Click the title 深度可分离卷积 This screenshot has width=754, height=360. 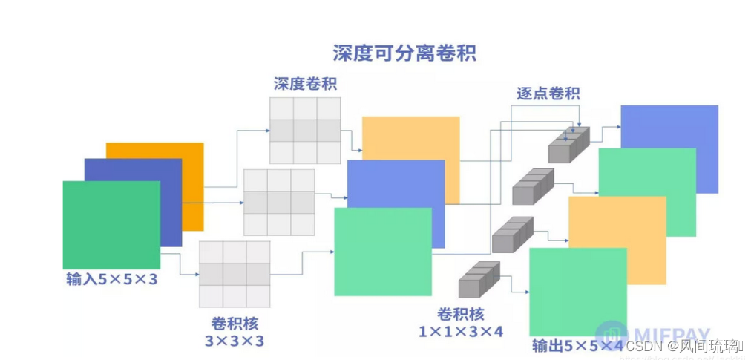click(x=404, y=53)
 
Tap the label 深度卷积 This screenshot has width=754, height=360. click(x=304, y=83)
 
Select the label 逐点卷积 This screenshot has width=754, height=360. click(x=548, y=94)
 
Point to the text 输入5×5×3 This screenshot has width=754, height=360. click(x=112, y=279)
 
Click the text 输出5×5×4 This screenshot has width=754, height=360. click(x=577, y=347)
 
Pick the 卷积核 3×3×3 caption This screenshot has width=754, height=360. click(x=235, y=333)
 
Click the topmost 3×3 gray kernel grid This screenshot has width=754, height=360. click(x=304, y=130)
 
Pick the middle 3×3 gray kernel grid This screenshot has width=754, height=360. click(x=279, y=202)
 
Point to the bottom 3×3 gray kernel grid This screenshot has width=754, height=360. click(x=235, y=274)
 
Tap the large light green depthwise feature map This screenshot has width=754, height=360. click(x=383, y=252)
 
